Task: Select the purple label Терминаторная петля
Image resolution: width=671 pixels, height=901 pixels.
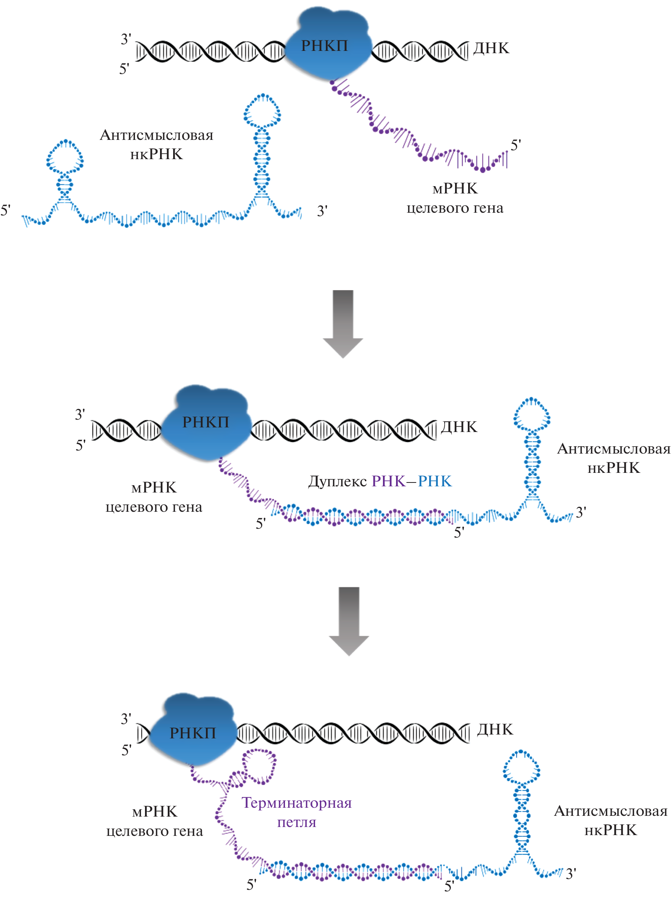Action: coord(297,812)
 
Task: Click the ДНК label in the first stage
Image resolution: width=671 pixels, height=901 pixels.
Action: coord(491,48)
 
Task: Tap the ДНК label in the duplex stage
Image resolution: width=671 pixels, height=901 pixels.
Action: coord(459,427)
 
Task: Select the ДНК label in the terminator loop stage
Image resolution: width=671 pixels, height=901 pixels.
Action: coord(495,730)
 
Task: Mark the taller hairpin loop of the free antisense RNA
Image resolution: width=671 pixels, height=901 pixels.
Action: coord(262,110)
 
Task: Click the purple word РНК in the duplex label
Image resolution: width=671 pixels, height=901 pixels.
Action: coord(388,481)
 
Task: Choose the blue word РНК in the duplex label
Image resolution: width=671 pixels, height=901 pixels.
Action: coord(435,481)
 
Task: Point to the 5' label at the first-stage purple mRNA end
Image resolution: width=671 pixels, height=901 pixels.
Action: coord(516,145)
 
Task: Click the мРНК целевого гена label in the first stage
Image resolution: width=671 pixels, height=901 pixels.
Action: coord(455,198)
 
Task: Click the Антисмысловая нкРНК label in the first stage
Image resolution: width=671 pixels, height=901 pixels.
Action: coord(157,145)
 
